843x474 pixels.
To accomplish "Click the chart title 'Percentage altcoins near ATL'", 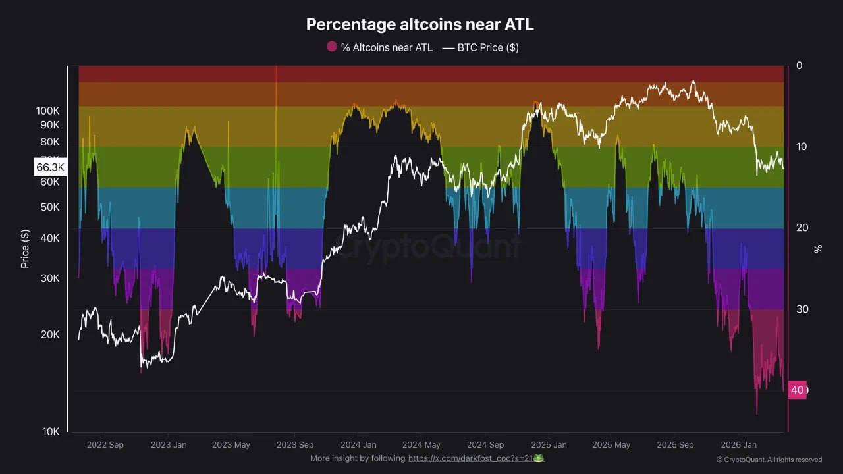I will pos(420,25).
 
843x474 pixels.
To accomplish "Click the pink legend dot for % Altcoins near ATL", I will pos(331,47).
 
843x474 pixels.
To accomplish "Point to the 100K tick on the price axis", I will pos(48,111).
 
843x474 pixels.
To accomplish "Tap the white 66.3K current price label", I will pos(50,167).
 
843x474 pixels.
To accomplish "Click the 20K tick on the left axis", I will pos(51,334).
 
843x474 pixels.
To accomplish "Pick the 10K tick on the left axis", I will pos(51,431).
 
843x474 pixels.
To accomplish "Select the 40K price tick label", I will pos(50,238).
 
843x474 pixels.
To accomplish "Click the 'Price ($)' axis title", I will pos(25,249).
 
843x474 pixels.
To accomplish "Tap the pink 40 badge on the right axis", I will pos(798,390).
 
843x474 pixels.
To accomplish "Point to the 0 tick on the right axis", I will pos(800,65).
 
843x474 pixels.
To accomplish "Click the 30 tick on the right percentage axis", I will pos(802,309).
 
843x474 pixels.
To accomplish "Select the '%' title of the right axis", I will pos(818,248).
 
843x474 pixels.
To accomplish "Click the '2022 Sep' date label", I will pos(105,444).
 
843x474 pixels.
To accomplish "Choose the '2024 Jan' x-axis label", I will pos(358,444).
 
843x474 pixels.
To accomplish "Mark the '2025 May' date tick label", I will pos(612,444).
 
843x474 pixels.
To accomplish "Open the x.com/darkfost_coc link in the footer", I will pos(470,458).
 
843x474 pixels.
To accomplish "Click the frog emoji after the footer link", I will pos(539,458).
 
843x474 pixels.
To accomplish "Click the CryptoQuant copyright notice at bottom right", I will pos(769,460).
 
